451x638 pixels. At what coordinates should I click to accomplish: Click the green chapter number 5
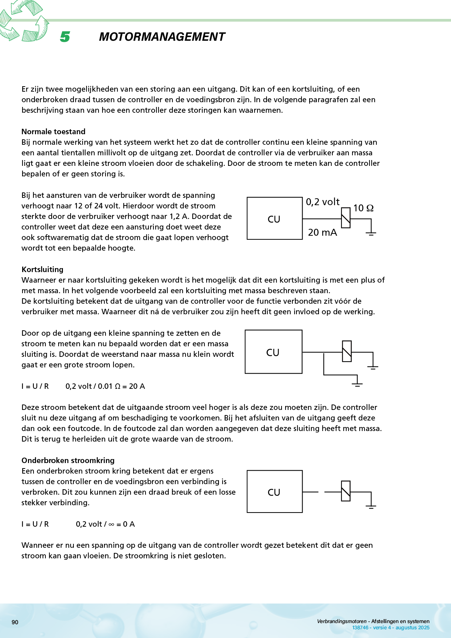(65, 37)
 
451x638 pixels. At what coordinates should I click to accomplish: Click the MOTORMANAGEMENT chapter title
(162, 37)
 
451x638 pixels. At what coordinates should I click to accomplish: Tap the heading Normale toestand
(53, 132)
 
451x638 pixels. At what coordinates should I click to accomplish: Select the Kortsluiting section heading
(43, 270)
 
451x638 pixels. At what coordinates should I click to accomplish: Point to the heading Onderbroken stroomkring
(68, 460)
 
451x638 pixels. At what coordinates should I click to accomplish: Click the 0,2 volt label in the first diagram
(323, 202)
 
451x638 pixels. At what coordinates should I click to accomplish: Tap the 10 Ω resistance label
(363, 208)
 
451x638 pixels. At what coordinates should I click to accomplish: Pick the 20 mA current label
(323, 232)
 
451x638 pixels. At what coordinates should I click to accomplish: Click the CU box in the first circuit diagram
(274, 219)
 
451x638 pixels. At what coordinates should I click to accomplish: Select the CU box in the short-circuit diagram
(273, 352)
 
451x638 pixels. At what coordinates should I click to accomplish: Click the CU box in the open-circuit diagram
(274, 492)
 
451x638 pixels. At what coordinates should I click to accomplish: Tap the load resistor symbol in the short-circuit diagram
(347, 351)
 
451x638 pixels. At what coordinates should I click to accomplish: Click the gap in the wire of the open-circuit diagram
(321, 492)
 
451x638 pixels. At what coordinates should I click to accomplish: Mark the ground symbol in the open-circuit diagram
(371, 506)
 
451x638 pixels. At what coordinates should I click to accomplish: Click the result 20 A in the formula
(137, 386)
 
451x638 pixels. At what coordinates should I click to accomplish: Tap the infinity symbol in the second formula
(111, 525)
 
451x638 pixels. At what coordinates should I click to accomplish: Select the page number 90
(15, 622)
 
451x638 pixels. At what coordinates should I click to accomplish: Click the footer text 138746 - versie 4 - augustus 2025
(391, 628)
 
